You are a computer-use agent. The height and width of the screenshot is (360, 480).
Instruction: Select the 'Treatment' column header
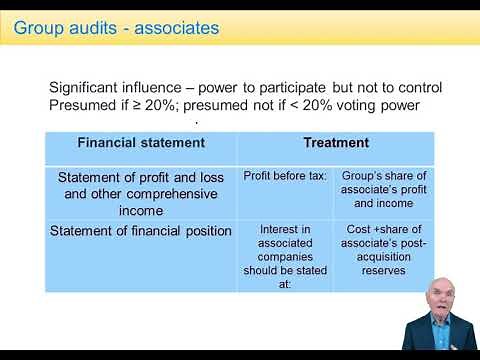point(336,143)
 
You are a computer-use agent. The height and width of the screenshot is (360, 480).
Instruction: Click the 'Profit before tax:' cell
point(285,176)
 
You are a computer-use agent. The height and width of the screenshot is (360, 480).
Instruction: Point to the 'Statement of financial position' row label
point(141,232)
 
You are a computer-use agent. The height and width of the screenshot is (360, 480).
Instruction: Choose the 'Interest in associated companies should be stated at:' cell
point(285,256)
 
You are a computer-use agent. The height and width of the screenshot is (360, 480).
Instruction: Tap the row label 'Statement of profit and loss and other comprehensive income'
point(141,194)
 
